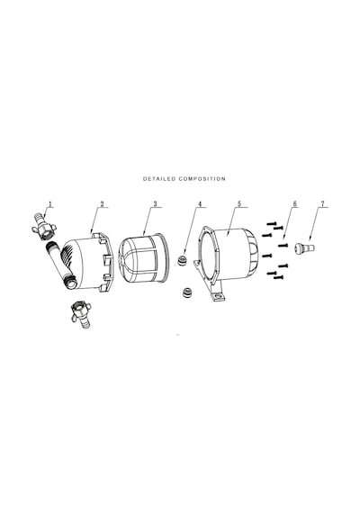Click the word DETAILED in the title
coord(159,179)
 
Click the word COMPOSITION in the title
coord(202,179)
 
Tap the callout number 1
coord(50,204)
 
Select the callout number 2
coord(102,204)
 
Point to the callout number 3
coord(155,204)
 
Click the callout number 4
coord(200,204)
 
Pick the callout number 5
coord(239,204)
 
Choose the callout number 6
coord(295,204)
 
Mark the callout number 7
coord(323,204)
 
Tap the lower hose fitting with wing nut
coord(80,315)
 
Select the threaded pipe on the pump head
coord(61,265)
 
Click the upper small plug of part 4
coord(182,261)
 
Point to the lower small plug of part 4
coord(187,292)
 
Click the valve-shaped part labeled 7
coord(304,247)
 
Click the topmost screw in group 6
coord(272,224)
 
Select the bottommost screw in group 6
coord(278,278)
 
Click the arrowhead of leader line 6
coord(284,238)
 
